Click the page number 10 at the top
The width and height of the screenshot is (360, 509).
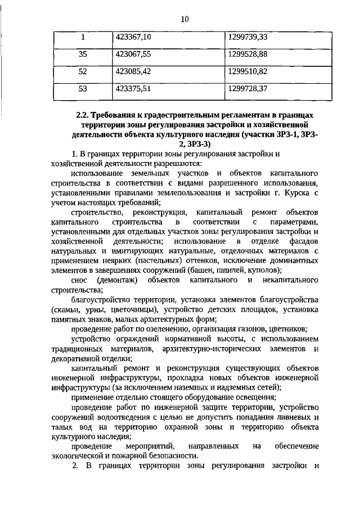(x=184, y=19)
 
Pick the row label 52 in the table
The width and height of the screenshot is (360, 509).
(x=82, y=71)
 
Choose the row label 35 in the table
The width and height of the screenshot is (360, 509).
(x=82, y=55)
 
